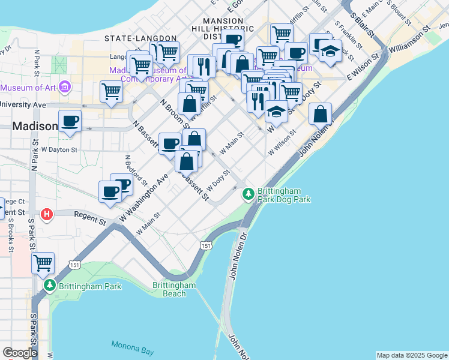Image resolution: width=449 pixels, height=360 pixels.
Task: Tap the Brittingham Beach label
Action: click(x=174, y=289)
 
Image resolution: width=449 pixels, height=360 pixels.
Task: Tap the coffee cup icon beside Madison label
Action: click(x=70, y=121)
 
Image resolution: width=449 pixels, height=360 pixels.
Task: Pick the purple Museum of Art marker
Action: click(x=64, y=88)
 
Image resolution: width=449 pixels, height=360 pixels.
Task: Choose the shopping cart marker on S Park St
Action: click(x=43, y=263)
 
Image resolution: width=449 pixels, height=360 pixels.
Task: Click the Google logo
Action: click(x=20, y=353)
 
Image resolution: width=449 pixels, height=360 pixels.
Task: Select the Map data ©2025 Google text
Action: click(x=412, y=355)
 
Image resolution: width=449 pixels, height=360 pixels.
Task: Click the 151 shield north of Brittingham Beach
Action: click(x=206, y=246)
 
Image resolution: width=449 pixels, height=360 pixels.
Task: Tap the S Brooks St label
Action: click(x=10, y=232)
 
